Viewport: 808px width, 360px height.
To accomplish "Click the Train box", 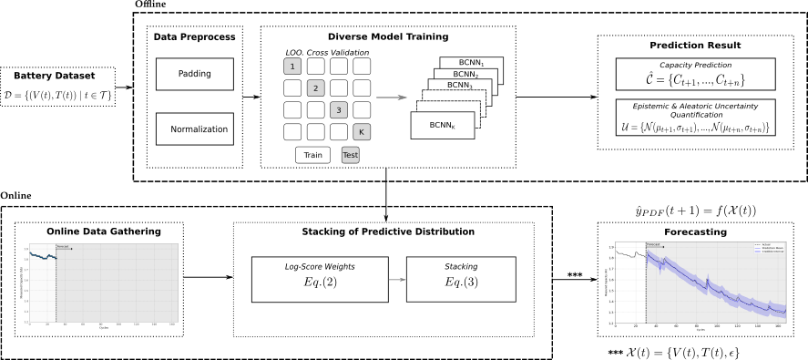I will tap(312, 155).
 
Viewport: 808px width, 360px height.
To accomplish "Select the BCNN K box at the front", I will tap(442, 125).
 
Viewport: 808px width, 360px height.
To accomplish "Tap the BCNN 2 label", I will tap(465, 75).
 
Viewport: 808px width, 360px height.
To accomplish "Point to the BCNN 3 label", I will tap(459, 86).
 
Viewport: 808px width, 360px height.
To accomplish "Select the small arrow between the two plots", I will tap(397, 280).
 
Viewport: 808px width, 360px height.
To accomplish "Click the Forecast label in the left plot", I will tap(63, 246).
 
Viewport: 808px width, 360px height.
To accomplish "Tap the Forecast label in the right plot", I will tap(653, 244).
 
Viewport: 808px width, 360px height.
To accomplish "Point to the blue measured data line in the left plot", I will tap(41, 256).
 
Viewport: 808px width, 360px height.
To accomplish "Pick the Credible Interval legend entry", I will tap(771, 252).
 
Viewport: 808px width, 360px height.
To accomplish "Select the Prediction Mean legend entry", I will tap(771, 248).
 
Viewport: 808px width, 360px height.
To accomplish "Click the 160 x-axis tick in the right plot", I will tap(778, 325).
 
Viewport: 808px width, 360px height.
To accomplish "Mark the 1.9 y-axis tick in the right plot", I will tap(611, 247).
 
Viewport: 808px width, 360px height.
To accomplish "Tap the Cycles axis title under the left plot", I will tap(104, 328).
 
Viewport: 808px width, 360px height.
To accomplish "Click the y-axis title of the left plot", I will tap(20, 282).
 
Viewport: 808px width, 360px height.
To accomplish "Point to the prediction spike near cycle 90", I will tap(707, 278).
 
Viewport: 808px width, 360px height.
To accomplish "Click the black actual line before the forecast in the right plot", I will tap(629, 254).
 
